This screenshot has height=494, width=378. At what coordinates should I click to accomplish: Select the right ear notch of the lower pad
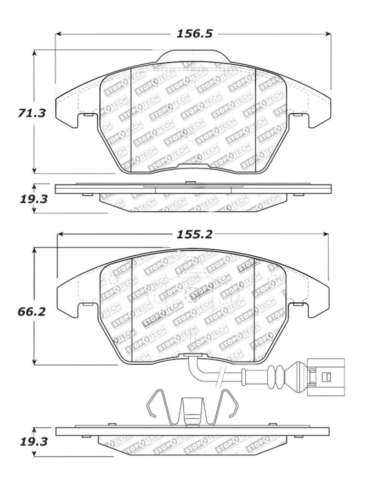[299, 305]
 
